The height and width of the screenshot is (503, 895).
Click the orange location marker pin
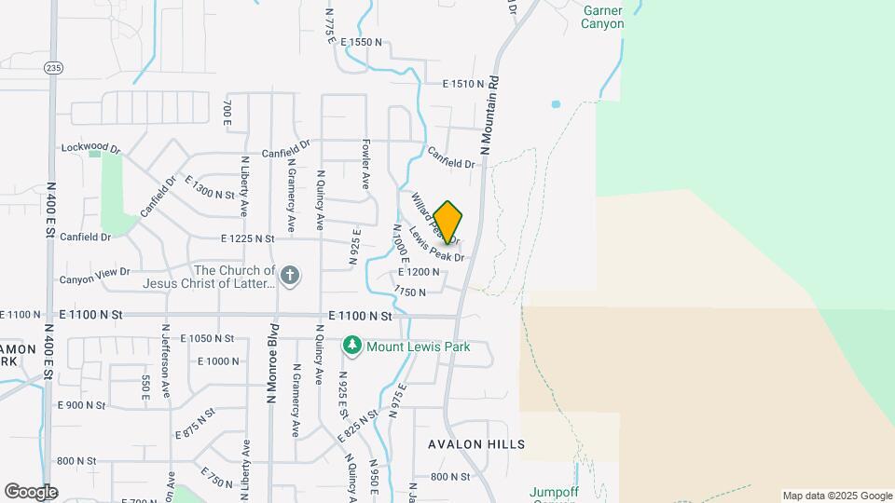(448, 222)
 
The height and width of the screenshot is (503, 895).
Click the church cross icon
(290, 275)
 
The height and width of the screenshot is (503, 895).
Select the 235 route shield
(52, 67)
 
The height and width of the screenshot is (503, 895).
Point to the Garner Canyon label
(602, 17)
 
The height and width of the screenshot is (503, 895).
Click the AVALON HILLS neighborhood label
(476, 444)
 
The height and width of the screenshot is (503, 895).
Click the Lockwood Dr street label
(91, 148)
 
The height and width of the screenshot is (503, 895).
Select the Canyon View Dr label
(95, 279)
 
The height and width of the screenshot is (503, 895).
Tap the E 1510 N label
(462, 84)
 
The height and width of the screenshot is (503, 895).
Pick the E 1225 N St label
(248, 239)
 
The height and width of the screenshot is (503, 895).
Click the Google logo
(31, 492)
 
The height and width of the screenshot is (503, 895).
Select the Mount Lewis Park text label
(418, 347)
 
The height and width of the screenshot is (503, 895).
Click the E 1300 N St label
(210, 187)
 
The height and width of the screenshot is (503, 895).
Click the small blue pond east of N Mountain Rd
(556, 104)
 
